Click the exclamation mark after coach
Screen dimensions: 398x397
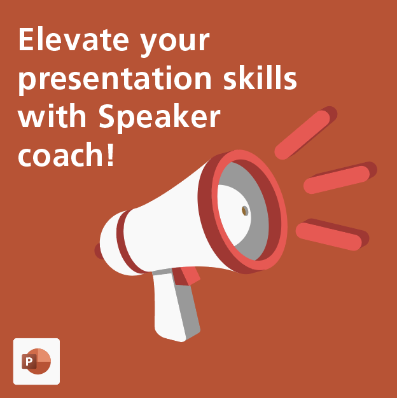coord(111,154)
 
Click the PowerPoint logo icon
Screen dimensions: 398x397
coord(36,361)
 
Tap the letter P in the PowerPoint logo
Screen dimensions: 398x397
coord(29,362)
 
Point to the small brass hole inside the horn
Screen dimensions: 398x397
coord(245,210)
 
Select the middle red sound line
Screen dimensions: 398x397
coord(338,179)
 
